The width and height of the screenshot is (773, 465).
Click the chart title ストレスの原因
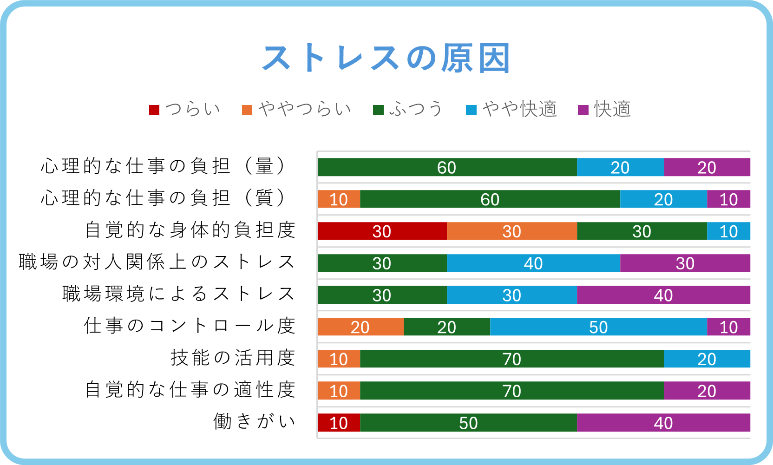(386, 59)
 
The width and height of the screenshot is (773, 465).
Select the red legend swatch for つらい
(154, 110)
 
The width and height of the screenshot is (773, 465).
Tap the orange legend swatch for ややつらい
(247, 110)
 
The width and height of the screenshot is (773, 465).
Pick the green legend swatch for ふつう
(378, 110)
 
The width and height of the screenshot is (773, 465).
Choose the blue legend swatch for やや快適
(471, 110)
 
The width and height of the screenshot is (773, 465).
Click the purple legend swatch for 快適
(583, 110)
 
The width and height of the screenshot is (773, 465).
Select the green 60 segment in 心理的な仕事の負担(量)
(447, 167)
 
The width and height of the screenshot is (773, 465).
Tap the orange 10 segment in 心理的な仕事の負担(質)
(339, 199)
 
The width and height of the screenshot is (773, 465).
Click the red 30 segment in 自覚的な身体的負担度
(382, 231)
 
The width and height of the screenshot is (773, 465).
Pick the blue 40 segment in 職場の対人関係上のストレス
(533, 263)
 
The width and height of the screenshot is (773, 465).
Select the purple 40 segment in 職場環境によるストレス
(663, 295)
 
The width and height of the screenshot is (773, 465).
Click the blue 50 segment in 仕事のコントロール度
(598, 327)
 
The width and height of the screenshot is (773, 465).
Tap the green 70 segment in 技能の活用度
(512, 359)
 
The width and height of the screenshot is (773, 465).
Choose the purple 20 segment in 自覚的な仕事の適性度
(707, 391)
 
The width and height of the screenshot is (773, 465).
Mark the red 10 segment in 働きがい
(339, 423)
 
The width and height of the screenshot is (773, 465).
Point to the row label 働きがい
(254, 421)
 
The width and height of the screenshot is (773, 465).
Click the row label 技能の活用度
(233, 358)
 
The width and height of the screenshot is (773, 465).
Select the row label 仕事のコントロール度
(190, 326)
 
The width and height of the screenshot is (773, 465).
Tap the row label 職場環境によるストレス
(179, 294)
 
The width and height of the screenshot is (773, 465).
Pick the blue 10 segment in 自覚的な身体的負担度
(728, 231)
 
